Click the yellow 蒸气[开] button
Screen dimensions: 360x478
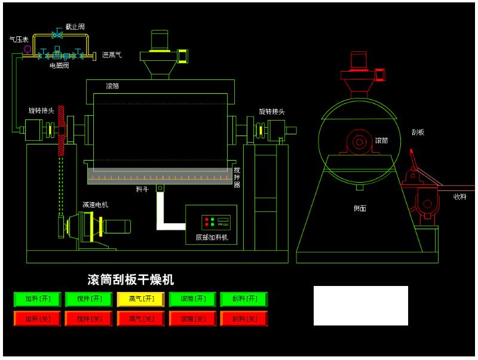click(x=142, y=299)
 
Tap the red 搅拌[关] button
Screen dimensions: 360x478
click(x=90, y=319)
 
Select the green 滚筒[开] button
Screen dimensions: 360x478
click(x=192, y=299)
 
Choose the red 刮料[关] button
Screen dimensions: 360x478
click(x=244, y=319)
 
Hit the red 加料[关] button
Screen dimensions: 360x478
click(x=38, y=319)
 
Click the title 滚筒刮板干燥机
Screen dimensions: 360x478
click(x=131, y=279)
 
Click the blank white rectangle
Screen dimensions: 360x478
click(x=360, y=305)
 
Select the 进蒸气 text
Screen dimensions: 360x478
click(x=112, y=55)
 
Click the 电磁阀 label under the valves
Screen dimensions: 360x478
click(x=59, y=66)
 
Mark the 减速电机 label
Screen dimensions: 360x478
click(x=95, y=205)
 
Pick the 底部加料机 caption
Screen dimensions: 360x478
click(x=212, y=238)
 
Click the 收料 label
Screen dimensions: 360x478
click(x=459, y=196)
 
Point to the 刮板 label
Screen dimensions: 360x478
click(x=418, y=132)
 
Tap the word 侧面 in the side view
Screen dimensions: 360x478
click(x=360, y=208)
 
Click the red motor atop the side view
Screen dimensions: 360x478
click(x=358, y=60)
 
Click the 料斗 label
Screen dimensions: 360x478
click(x=142, y=189)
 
